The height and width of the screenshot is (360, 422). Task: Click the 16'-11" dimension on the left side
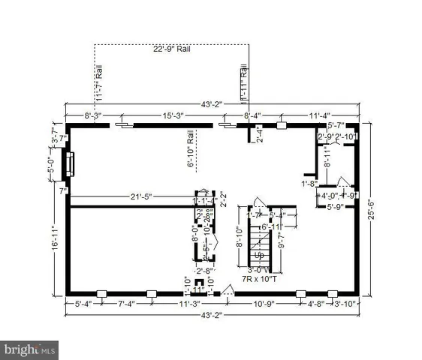click(57, 246)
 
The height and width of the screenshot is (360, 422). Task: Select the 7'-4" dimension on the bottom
click(126, 304)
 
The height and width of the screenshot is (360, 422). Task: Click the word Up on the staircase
click(261, 255)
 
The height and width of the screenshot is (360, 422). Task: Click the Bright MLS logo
click(30, 349)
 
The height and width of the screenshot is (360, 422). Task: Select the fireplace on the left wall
click(70, 163)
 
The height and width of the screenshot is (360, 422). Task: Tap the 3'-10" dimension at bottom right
click(345, 304)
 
